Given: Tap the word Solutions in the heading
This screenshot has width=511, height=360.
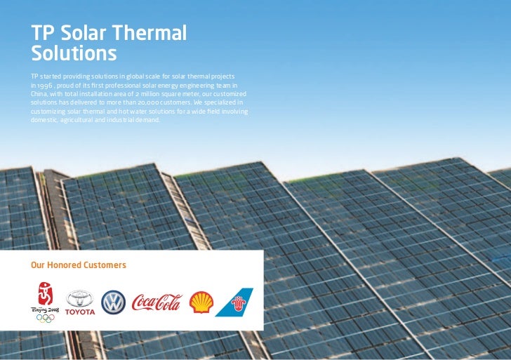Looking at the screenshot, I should click(74, 53).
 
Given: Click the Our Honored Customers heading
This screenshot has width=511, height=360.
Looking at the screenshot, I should click(78, 265).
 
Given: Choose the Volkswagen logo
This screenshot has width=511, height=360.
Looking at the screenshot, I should click(113, 302).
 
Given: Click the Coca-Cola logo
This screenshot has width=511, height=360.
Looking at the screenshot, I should click(157, 302).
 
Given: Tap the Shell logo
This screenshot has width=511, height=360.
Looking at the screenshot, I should click(201, 302).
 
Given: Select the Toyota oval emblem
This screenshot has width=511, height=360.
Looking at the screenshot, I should click(79, 299).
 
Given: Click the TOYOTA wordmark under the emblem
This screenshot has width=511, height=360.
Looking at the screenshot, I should click(79, 312).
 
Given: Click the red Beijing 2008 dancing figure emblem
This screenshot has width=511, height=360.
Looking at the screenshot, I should click(45, 293).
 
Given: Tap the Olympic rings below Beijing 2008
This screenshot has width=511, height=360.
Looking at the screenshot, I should click(45, 318).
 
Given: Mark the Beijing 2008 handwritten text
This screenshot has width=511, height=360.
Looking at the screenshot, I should click(44, 308).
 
